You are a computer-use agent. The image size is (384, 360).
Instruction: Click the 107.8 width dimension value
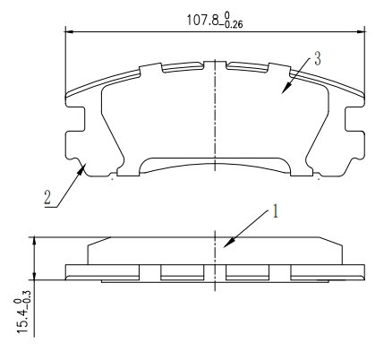point(199,18)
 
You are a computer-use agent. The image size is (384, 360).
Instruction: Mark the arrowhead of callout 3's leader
point(283,91)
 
